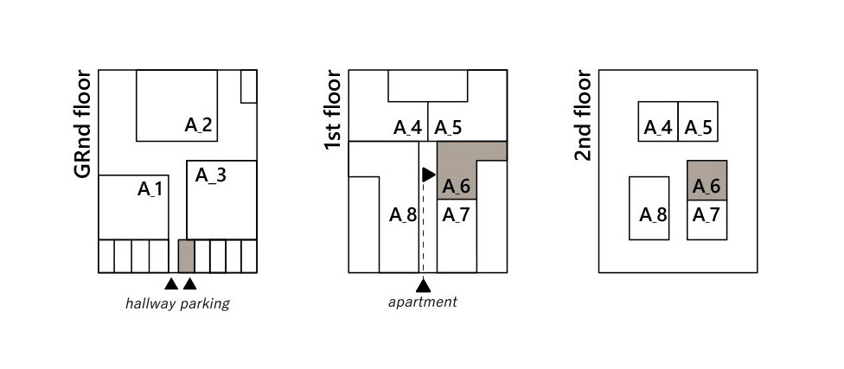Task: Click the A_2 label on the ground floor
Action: (x=199, y=124)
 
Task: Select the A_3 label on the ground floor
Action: (x=210, y=175)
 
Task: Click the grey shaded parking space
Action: (x=185, y=256)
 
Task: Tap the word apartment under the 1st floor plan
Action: (x=422, y=302)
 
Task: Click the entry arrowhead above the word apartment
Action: (x=423, y=285)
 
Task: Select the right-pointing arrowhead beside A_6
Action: (x=428, y=175)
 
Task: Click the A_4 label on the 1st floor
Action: (x=407, y=128)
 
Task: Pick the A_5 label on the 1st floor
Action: (x=448, y=128)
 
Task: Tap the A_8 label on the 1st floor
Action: (x=403, y=214)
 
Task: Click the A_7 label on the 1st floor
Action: (x=456, y=214)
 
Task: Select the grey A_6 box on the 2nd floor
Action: (x=707, y=181)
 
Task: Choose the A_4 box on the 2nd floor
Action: (x=658, y=121)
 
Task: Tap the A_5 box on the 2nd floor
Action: (x=698, y=121)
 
